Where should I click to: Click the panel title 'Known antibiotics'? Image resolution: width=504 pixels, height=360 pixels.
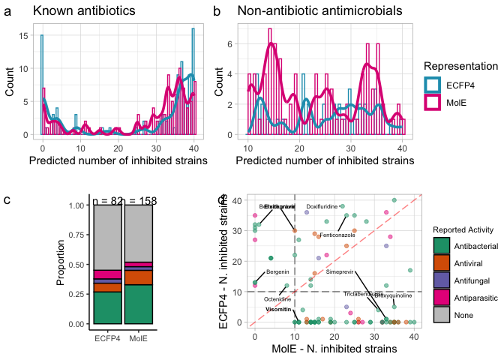click(x=84, y=12)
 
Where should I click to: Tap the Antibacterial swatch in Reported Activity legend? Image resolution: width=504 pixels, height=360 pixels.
click(x=442, y=246)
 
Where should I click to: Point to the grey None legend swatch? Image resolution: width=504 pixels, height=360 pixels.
click(x=442, y=315)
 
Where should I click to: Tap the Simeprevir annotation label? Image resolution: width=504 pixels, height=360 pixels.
click(x=339, y=271)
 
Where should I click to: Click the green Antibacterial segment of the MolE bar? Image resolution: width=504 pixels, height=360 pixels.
click(x=138, y=304)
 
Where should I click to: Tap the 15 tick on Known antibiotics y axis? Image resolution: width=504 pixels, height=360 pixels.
click(x=24, y=36)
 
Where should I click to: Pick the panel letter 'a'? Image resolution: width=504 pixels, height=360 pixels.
click(x=7, y=12)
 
